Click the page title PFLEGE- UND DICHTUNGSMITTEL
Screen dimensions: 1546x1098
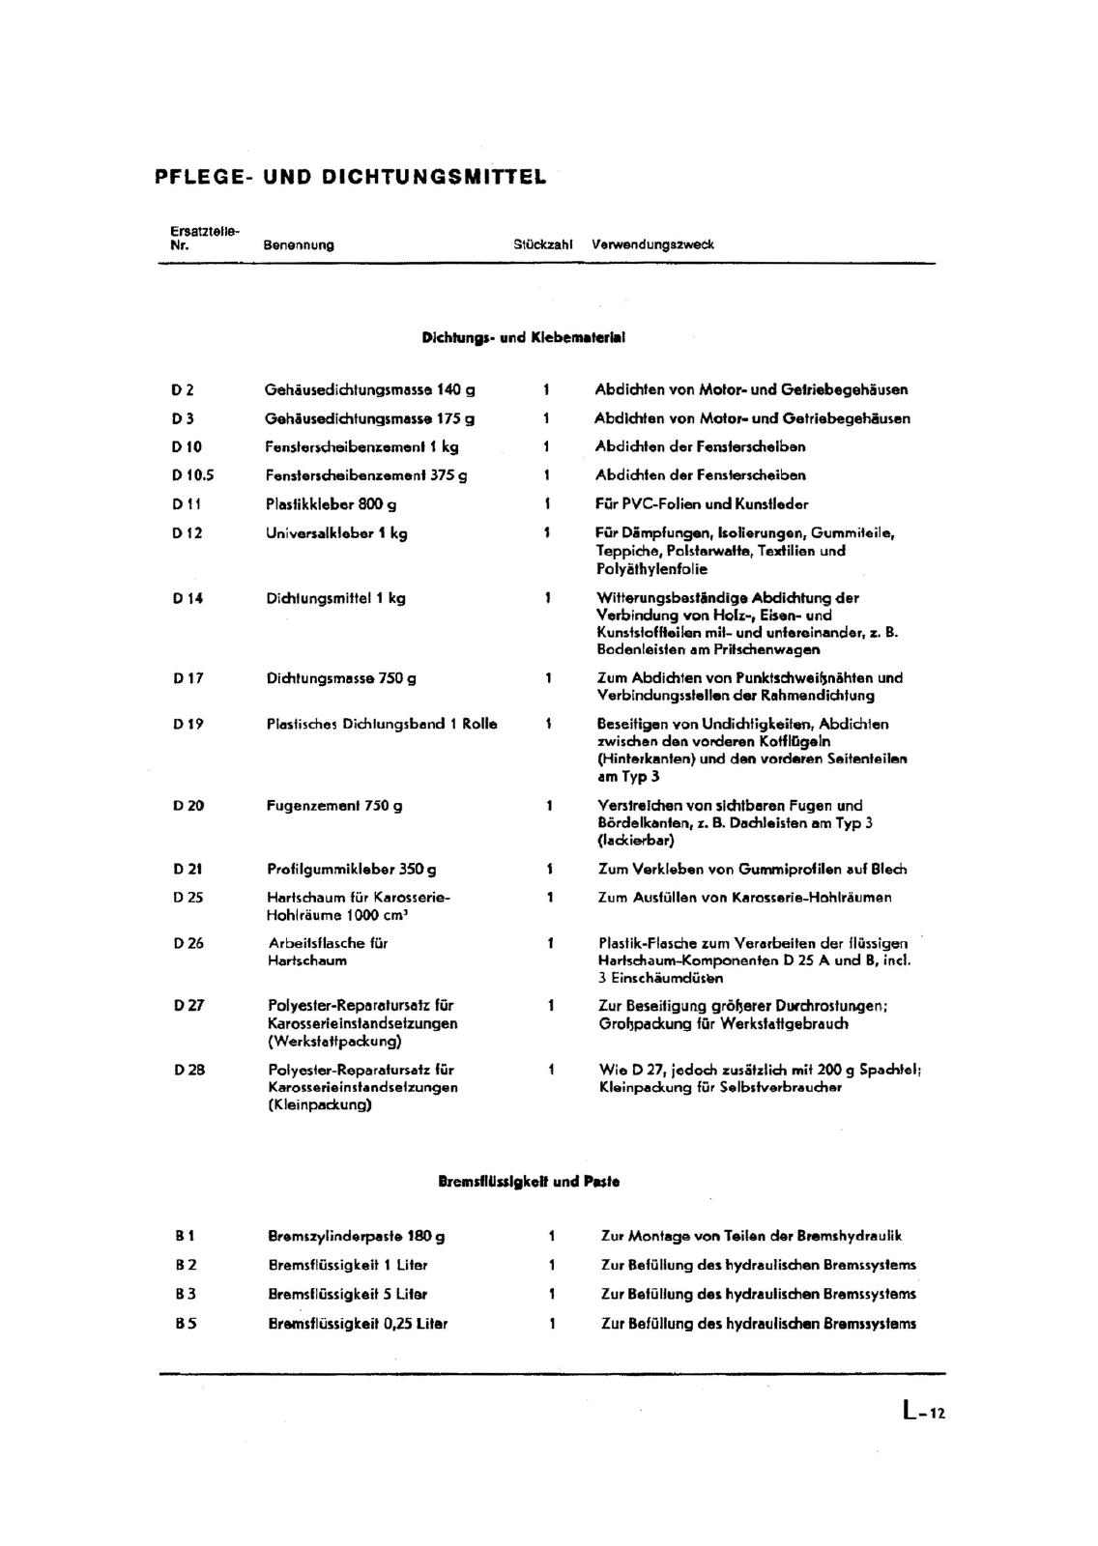pyautogui.click(x=350, y=178)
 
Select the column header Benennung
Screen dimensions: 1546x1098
pyautogui.click(x=299, y=245)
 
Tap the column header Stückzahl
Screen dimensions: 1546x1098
pyautogui.click(x=543, y=245)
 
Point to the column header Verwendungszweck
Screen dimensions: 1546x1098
pyautogui.click(x=652, y=245)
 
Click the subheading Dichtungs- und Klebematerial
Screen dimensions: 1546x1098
pyautogui.click(x=523, y=338)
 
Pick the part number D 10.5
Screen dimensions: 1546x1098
pyautogui.click(x=192, y=475)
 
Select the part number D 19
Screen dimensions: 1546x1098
pyautogui.click(x=188, y=724)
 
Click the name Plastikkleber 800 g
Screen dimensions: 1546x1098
pyautogui.click(x=331, y=504)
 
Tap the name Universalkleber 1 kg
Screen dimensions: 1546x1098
pyautogui.click(x=336, y=533)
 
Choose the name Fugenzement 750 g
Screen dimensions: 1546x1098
pyautogui.click(x=334, y=805)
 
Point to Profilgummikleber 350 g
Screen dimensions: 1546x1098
pyautogui.click(x=352, y=869)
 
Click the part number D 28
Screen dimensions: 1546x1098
pyautogui.click(x=189, y=1070)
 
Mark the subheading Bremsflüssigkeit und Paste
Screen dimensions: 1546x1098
pyautogui.click(x=529, y=1182)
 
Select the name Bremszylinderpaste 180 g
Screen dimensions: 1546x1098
pyautogui.click(x=356, y=1236)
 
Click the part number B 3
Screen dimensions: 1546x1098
pyautogui.click(x=186, y=1294)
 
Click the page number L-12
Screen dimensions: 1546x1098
pyautogui.click(x=923, y=1413)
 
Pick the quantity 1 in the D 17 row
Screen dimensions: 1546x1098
pyautogui.click(x=548, y=678)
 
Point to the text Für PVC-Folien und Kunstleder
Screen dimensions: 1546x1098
pyautogui.click(x=702, y=504)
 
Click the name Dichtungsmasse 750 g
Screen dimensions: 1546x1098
pyautogui.click(x=341, y=678)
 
